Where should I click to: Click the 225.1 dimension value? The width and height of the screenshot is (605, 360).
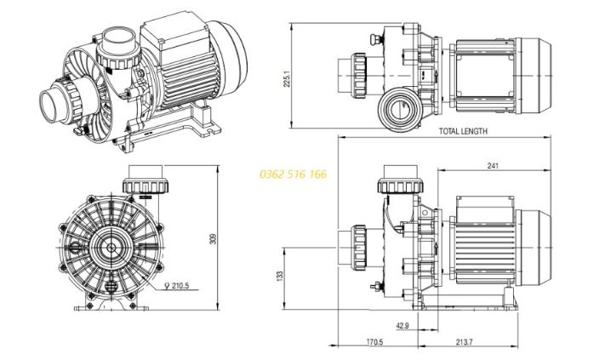(288, 78)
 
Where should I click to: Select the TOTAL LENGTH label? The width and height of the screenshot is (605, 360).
(463, 132)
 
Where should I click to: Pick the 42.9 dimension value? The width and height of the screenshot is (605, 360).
(402, 325)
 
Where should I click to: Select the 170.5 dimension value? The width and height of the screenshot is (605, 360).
(374, 342)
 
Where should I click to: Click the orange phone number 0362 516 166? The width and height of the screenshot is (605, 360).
(292, 174)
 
